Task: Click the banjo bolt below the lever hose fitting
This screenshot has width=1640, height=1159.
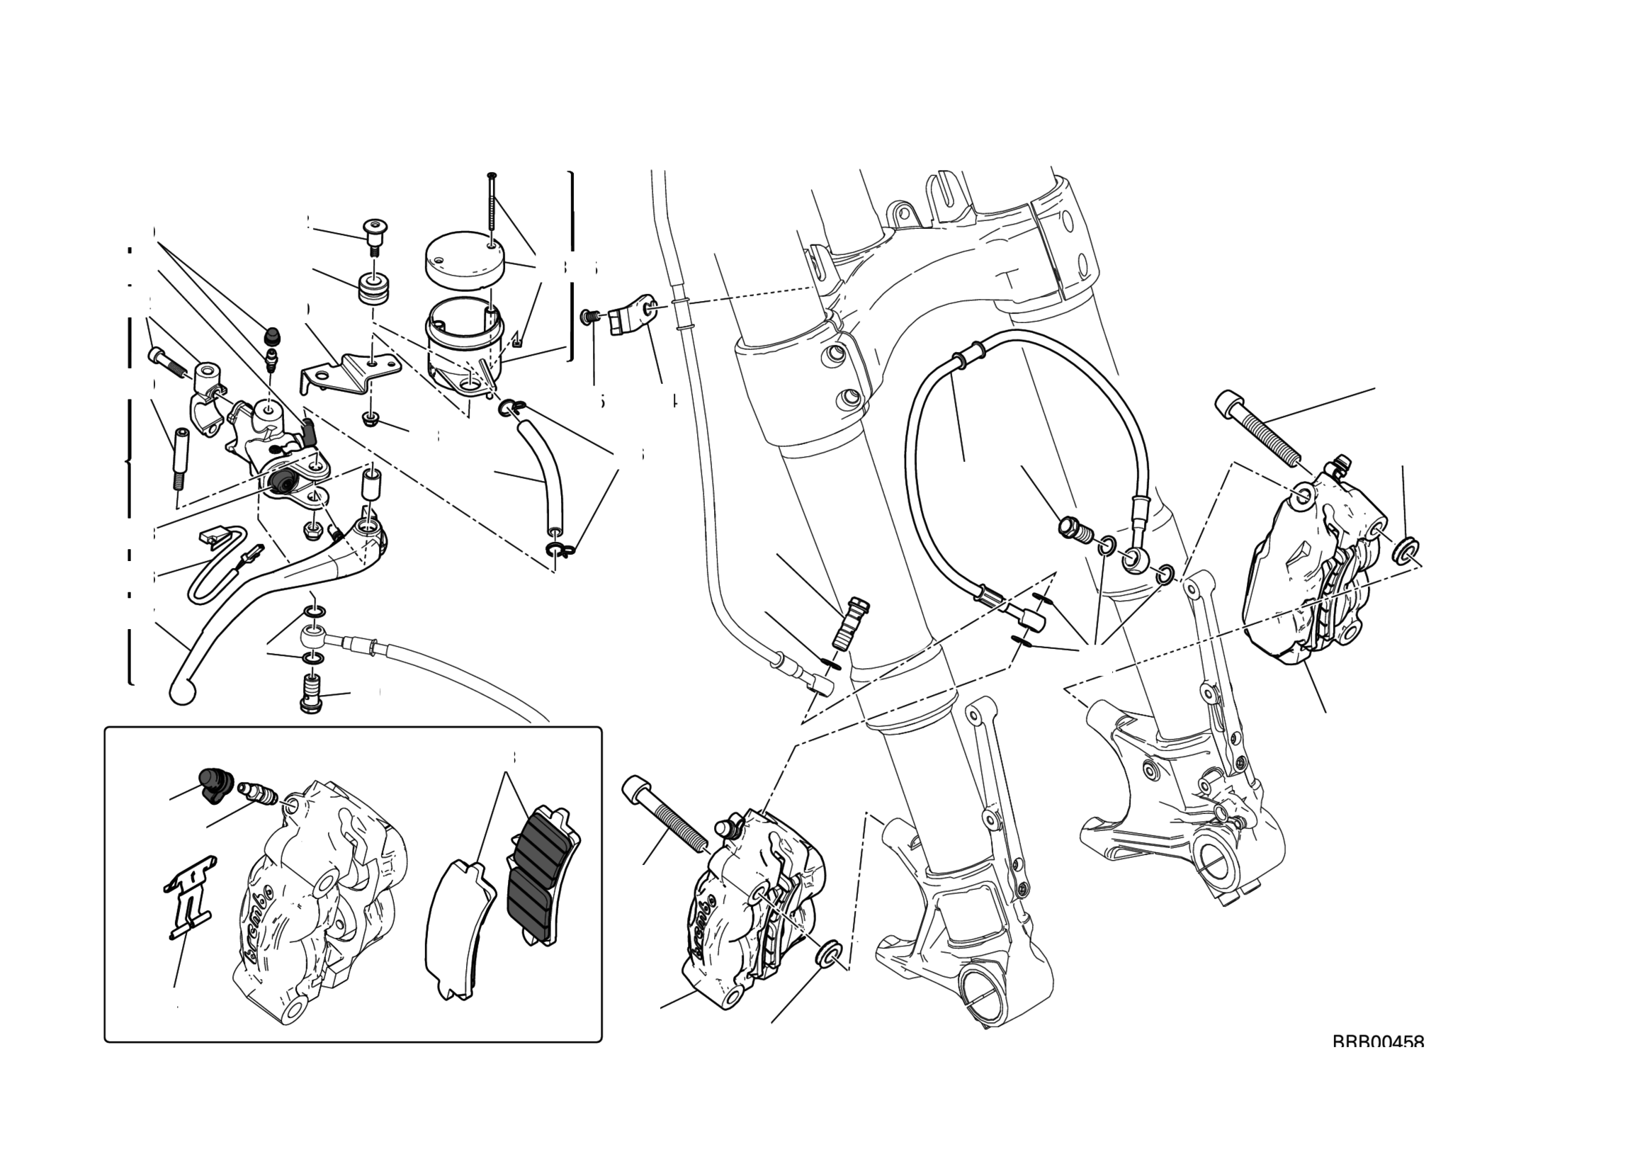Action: click(x=310, y=694)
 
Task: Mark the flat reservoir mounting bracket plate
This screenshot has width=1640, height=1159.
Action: click(x=350, y=374)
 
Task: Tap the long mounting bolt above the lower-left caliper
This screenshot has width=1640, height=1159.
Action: click(x=665, y=813)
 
